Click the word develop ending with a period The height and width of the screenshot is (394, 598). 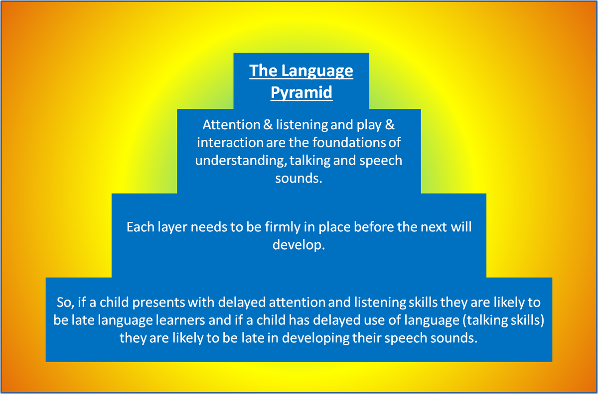[x=299, y=245]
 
